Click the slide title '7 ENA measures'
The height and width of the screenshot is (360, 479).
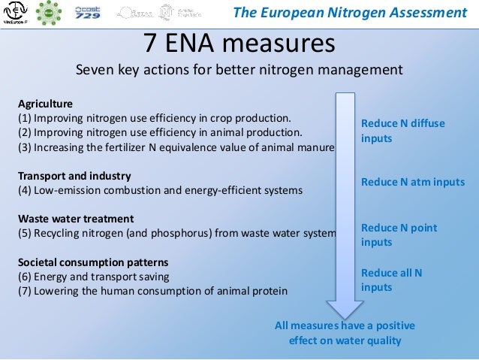pyautogui.click(x=239, y=43)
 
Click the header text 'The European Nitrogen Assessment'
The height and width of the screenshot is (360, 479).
pyautogui.click(x=349, y=12)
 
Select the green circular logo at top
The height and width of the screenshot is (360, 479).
pyautogui.click(x=51, y=13)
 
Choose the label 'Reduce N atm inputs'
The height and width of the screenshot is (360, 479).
pyautogui.click(x=412, y=182)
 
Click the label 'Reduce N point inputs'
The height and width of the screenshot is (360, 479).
pyautogui.click(x=399, y=234)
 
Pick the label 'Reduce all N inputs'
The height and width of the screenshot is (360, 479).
pyautogui.click(x=391, y=280)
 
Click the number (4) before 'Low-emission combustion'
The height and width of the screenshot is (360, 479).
pyautogui.click(x=26, y=190)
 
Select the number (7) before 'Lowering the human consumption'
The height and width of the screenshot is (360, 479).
pyautogui.click(x=26, y=291)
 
